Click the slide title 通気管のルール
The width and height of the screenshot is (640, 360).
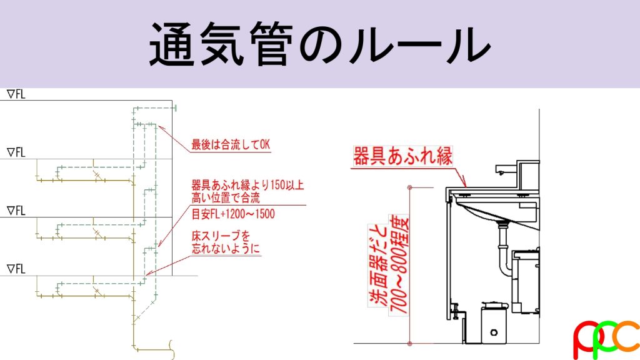(x=319, y=44)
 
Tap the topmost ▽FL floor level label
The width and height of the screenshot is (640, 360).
(x=16, y=94)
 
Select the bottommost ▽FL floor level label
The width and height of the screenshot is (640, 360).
(x=16, y=269)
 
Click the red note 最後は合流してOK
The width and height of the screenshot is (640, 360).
(x=231, y=144)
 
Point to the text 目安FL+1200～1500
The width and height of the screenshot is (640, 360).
(x=233, y=214)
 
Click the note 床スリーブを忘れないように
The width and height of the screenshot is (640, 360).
(x=226, y=242)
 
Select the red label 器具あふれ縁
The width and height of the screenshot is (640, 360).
(x=402, y=157)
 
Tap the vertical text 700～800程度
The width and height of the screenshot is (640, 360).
(x=399, y=265)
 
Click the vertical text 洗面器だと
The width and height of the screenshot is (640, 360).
(x=378, y=265)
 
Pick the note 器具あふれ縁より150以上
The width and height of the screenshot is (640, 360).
(x=247, y=185)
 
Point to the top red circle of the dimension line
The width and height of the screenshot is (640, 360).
(x=410, y=187)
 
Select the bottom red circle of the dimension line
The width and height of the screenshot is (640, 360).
(x=410, y=344)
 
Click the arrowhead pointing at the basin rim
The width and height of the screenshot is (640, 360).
(x=464, y=183)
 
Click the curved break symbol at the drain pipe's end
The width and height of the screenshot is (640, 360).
(x=172, y=350)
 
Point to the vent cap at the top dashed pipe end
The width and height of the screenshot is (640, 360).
(x=176, y=108)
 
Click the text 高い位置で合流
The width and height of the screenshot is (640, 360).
(x=226, y=198)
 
